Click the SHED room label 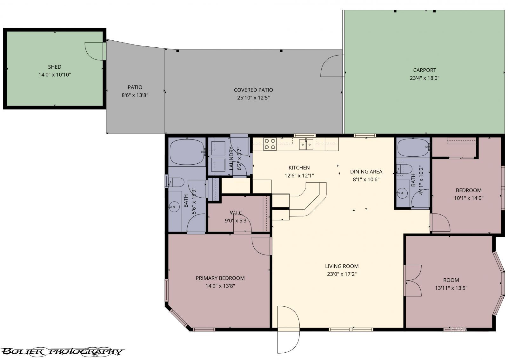coord(55,67)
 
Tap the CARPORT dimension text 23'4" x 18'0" coord(424,78)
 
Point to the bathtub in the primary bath coord(187,152)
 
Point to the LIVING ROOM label coord(342,266)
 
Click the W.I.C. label coord(237,213)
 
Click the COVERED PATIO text coord(253,90)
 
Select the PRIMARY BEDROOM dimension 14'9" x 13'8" coord(220,286)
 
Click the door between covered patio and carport coord(332,66)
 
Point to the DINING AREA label coord(366,172)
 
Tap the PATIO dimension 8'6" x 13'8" coord(135,95)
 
